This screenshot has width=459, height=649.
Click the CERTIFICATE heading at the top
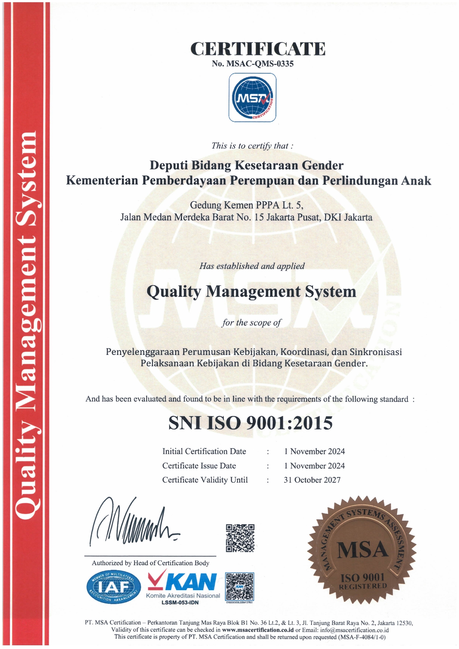258,49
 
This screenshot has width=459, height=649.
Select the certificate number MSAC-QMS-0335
260,64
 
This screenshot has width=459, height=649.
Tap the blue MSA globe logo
253,98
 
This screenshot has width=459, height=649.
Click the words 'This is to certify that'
252,146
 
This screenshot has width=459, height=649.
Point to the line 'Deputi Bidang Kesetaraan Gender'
246,165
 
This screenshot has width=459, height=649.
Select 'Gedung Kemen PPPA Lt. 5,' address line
246,205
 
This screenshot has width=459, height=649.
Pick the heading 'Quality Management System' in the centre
251,291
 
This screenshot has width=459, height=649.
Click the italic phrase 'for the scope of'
252,322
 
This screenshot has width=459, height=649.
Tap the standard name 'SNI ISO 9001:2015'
250,423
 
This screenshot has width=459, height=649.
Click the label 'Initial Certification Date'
204,452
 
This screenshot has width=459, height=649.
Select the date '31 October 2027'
312,480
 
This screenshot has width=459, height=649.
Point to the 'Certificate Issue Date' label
199,466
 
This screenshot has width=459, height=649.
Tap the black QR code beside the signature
240,538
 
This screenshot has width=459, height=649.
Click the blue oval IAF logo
114,587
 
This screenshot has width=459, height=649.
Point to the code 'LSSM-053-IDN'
180,602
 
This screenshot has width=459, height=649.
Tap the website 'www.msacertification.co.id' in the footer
258,630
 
